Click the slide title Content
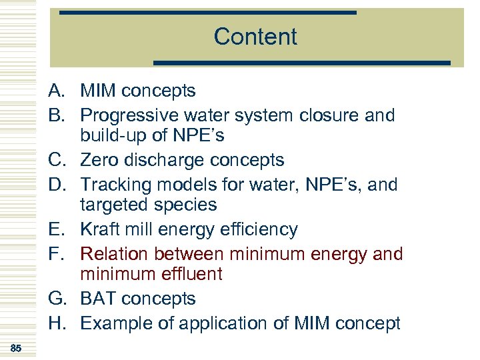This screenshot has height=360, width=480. point(255,37)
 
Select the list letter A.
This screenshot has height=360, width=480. point(55,91)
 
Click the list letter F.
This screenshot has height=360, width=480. point(55,253)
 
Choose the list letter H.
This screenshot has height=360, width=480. point(55,323)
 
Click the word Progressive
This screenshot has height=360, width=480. point(129,115)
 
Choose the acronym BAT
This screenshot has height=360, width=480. point(99,299)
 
